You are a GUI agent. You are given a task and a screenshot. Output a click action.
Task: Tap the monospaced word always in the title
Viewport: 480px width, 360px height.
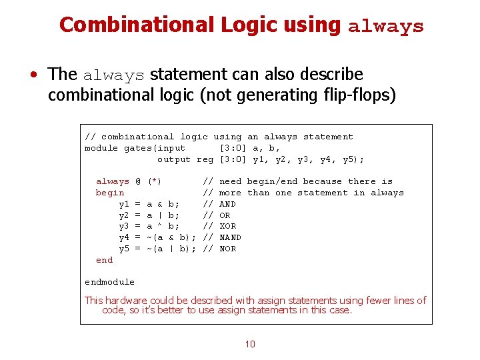pyautogui.click(x=385, y=27)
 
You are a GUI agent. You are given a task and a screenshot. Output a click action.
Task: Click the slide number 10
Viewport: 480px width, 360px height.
pyautogui.click(x=250, y=344)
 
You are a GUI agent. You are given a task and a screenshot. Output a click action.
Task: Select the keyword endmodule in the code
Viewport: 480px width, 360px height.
pyautogui.click(x=109, y=282)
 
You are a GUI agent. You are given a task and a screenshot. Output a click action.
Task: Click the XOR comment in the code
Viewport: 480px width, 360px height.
pyautogui.click(x=227, y=226)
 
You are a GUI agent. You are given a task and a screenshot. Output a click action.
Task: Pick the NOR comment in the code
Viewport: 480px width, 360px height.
pyautogui.click(x=227, y=249)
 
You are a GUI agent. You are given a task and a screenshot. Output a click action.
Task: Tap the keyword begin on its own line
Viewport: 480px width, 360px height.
pyautogui.click(x=110, y=193)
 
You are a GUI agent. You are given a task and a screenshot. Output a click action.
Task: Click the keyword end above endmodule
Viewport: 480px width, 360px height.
pyautogui.click(x=104, y=260)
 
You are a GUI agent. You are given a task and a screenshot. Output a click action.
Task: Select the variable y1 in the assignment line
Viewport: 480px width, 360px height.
pyautogui.click(x=124, y=204)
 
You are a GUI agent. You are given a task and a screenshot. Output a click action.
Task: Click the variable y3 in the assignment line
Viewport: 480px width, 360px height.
pyautogui.click(x=124, y=226)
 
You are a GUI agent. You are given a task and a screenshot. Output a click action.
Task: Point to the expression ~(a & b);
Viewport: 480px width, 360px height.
pyautogui.click(x=171, y=237)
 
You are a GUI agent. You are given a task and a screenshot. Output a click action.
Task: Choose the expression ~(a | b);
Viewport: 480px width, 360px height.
pyautogui.click(x=171, y=249)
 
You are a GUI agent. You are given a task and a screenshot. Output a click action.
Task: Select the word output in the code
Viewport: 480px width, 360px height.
pyautogui.click(x=174, y=159)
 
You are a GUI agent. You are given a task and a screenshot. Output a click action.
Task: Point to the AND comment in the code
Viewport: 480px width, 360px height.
pyautogui.click(x=227, y=204)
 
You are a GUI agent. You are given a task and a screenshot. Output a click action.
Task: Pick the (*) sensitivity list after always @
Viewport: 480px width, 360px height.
pyautogui.click(x=155, y=181)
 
